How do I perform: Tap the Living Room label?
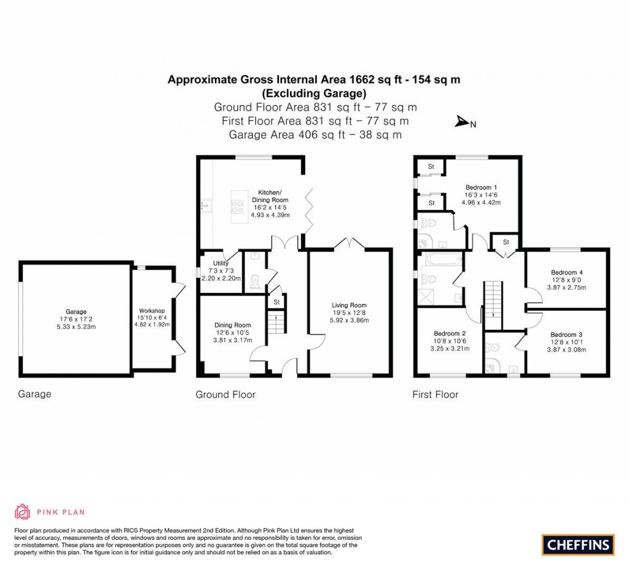349,305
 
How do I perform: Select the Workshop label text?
152,311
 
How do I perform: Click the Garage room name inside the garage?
76,311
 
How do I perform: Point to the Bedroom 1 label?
482,187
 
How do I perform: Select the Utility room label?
221,264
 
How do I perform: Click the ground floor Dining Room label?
233,325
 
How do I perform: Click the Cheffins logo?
577,544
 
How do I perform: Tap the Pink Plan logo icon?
23,511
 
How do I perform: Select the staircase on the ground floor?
278,323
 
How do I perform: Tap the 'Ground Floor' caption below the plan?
225,394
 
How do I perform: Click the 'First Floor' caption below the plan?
435,394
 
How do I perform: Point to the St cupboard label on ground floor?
276,302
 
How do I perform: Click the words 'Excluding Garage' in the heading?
314,93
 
